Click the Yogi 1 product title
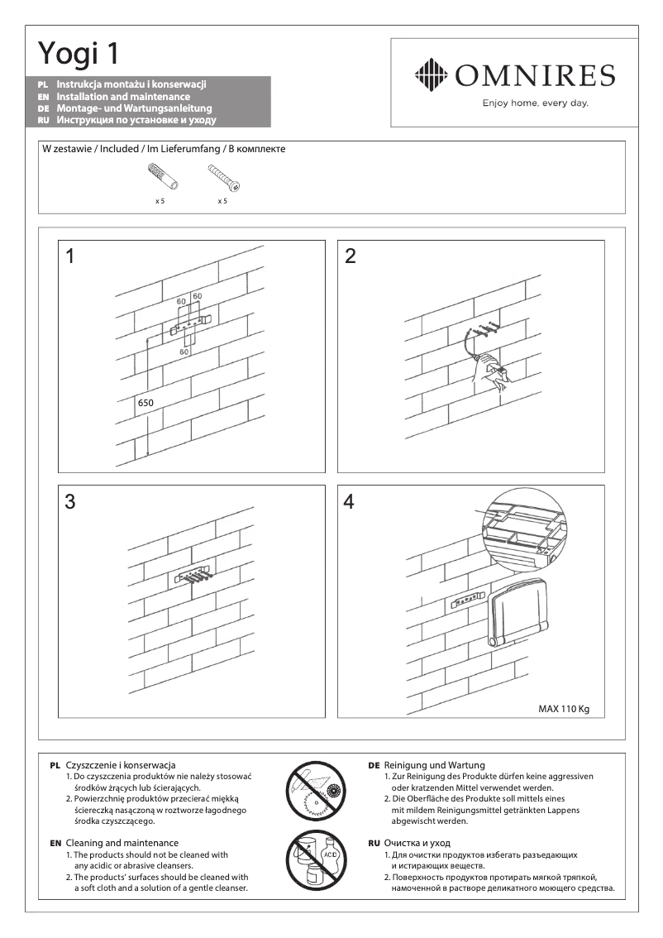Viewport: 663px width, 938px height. [79, 54]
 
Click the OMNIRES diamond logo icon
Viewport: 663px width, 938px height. [430, 75]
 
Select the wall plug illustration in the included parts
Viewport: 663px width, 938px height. [158, 176]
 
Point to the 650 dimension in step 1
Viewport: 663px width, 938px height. [146, 403]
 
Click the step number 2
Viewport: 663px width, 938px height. [351, 256]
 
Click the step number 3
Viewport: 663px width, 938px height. [70, 501]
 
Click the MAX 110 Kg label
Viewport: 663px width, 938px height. [564, 709]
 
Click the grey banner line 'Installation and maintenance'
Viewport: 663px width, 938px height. [123, 97]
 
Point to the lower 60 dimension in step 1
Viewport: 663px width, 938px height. [184, 352]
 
